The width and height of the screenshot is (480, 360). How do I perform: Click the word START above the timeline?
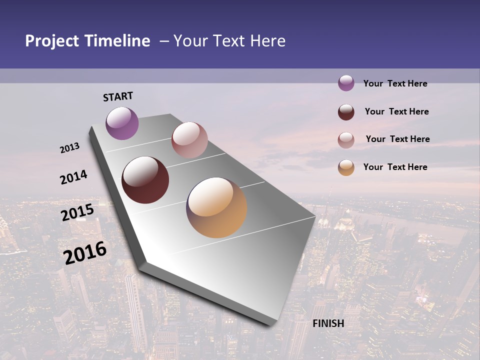tap(118, 96)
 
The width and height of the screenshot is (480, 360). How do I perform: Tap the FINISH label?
tap(328, 323)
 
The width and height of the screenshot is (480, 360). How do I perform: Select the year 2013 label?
tap(70, 148)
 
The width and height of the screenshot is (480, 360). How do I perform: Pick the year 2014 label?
tap(73, 177)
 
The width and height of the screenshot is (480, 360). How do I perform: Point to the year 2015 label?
tap(77, 212)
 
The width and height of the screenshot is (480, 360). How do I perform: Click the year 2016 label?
tap(85, 252)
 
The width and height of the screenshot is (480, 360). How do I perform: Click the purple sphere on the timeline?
tap(122, 123)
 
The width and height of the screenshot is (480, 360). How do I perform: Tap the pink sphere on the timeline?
tap(189, 140)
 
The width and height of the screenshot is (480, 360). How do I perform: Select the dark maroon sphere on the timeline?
tap(145, 180)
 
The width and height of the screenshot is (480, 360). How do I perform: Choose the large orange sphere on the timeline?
tap(216, 207)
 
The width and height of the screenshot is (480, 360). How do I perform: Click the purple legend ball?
tap(346, 83)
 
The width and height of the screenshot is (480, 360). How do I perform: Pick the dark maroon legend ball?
tap(346, 111)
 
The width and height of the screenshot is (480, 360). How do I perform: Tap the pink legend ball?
tap(346, 139)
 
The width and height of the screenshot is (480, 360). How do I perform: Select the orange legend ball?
tap(346, 167)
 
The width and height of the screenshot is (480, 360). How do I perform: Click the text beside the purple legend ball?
tap(395, 83)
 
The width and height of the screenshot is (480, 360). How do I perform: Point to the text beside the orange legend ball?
tap(395, 167)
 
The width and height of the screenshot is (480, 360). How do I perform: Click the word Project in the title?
tap(52, 41)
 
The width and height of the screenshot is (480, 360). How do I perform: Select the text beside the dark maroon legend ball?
tap(396, 111)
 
